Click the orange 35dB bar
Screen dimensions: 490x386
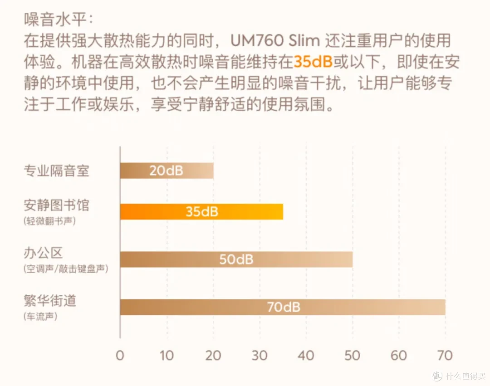tap(201, 212)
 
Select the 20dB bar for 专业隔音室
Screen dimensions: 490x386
tap(167, 171)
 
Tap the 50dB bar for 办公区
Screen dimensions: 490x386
tap(236, 259)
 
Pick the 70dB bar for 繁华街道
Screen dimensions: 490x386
tap(283, 307)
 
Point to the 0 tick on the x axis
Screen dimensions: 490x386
tap(120, 356)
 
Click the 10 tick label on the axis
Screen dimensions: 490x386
tap(167, 356)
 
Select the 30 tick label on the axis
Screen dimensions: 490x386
tap(260, 356)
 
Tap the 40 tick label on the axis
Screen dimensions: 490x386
tap(306, 356)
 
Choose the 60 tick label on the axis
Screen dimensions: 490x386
tap(399, 356)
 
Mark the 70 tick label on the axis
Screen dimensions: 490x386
tap(445, 356)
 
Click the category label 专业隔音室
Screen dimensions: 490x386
tap(57, 171)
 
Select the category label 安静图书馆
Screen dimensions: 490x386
tap(57, 205)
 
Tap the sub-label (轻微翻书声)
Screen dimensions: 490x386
tap(50, 221)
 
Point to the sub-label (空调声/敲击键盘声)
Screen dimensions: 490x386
tap(66, 269)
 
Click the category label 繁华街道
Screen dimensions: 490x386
tap(50, 300)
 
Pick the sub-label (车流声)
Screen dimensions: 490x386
tap(40, 317)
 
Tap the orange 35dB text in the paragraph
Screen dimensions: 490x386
tap(313, 62)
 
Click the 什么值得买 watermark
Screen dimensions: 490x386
tap(459, 376)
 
